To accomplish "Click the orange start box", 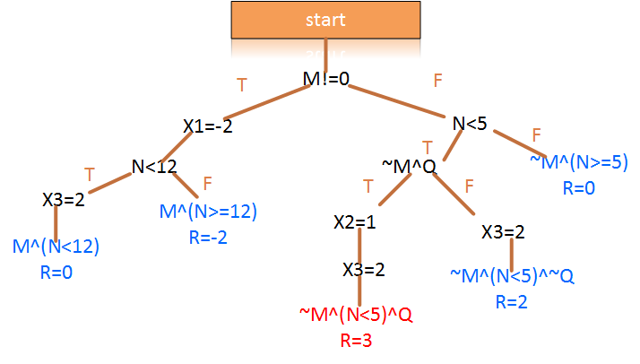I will coord(324,20).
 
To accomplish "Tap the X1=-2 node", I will coord(208,126).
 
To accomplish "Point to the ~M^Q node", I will coord(409,166).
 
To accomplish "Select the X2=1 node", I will coord(354,221).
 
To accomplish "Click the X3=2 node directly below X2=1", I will coord(365,268).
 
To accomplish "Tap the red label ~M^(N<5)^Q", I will coord(355,315).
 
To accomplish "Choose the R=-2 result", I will coord(208,238).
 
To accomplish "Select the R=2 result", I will coord(512,301).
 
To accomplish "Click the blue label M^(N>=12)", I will coord(208,212).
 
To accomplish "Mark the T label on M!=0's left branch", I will coord(240,85).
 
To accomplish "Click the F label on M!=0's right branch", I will coord(437,81).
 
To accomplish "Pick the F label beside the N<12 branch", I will coord(207,183).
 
